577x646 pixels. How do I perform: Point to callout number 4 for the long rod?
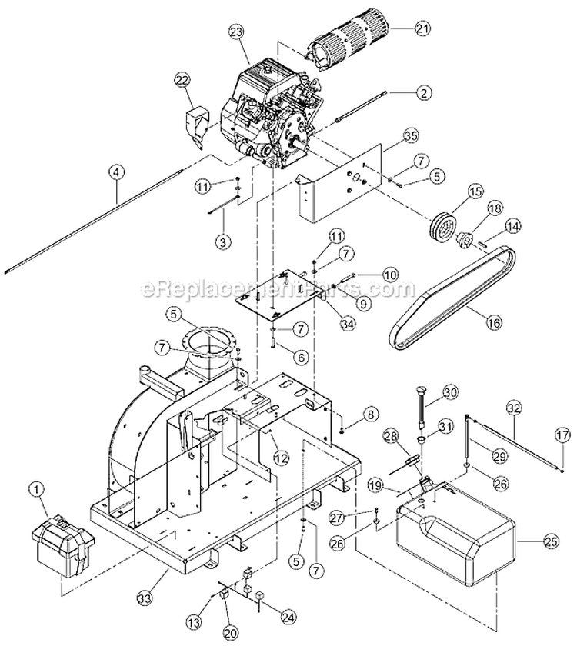[115, 172]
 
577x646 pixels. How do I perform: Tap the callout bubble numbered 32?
[513, 408]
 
